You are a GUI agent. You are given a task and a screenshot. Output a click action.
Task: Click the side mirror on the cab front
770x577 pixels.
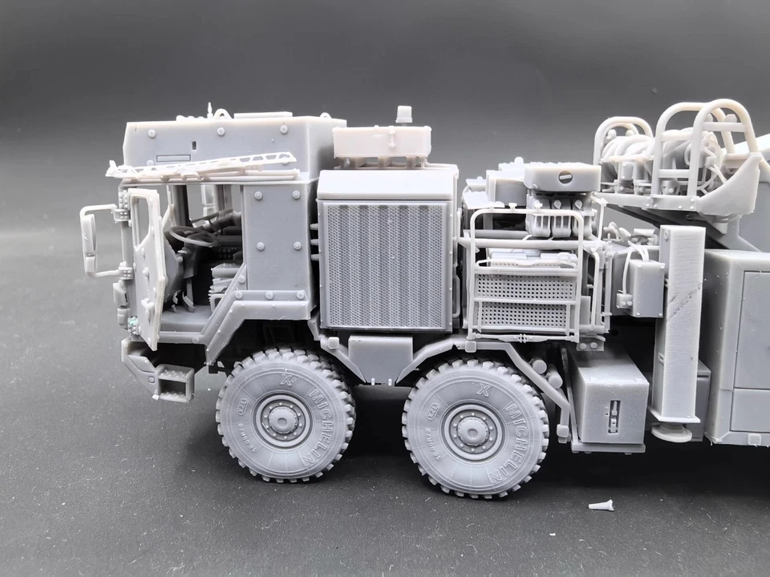pos(88,239)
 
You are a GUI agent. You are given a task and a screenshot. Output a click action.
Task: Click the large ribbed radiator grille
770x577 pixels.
pos(384,264)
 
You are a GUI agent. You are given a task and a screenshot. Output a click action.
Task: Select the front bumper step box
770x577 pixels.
pos(173,382)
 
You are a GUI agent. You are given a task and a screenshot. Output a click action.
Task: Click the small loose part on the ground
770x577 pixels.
pos(600,506)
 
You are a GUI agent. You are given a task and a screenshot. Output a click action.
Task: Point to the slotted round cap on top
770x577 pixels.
pos(565,177)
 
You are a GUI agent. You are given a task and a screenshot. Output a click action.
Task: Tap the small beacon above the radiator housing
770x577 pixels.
pos(404,114)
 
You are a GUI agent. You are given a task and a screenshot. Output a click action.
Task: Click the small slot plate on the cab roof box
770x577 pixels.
pos(173,158)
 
